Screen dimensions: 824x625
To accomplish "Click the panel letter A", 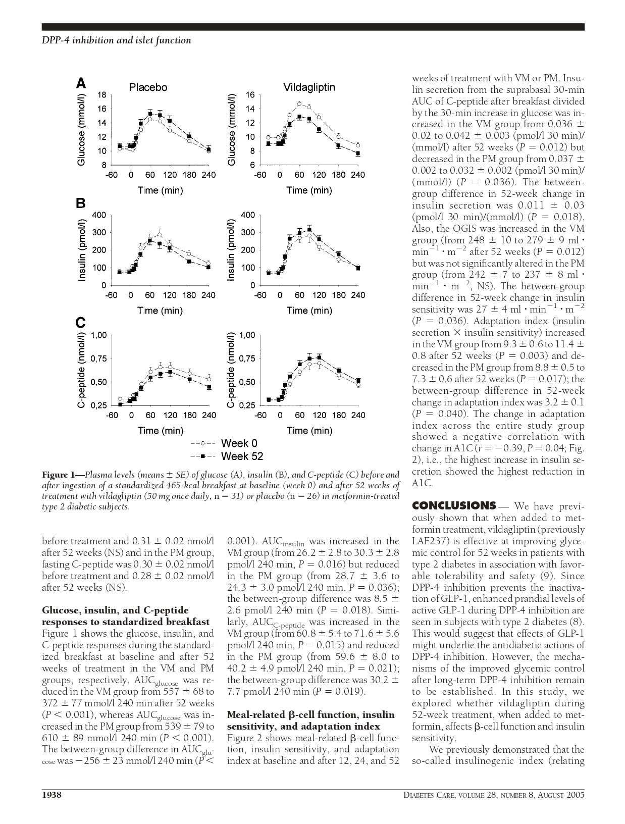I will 81,83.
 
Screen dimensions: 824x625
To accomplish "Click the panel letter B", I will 81,203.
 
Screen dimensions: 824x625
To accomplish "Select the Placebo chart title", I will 148,87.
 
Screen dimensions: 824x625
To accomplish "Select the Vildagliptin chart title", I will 309,87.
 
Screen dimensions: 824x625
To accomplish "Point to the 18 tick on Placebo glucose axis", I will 102,94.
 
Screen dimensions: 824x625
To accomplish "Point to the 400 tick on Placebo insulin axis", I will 99,215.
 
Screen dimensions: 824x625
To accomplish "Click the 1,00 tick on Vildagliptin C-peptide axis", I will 247,335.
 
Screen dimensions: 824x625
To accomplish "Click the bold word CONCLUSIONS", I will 454,506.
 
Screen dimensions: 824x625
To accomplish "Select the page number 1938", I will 51,795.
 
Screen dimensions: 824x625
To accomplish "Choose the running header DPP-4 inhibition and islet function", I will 116,40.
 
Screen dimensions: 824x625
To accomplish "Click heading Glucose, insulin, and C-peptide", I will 115,610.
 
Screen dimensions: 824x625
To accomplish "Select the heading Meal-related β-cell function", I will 311,714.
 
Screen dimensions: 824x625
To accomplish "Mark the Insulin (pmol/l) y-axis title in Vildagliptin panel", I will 232,250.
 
